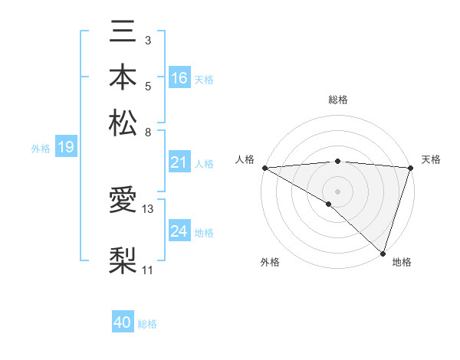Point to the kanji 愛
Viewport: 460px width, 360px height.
123,201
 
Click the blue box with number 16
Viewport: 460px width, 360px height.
179,77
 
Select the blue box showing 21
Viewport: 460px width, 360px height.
179,162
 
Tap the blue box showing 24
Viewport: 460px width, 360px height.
179,231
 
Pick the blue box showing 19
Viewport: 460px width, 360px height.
66,147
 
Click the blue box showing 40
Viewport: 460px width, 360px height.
123,322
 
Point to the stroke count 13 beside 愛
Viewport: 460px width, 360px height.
148,208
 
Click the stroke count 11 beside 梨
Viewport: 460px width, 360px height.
148,270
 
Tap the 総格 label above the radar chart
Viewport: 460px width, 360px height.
338,100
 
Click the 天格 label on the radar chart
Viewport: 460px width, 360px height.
431,159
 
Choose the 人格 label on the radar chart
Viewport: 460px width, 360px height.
245,159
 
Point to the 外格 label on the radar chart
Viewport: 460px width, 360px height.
270,262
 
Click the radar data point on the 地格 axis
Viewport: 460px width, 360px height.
383,253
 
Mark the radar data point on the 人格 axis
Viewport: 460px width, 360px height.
264,167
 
